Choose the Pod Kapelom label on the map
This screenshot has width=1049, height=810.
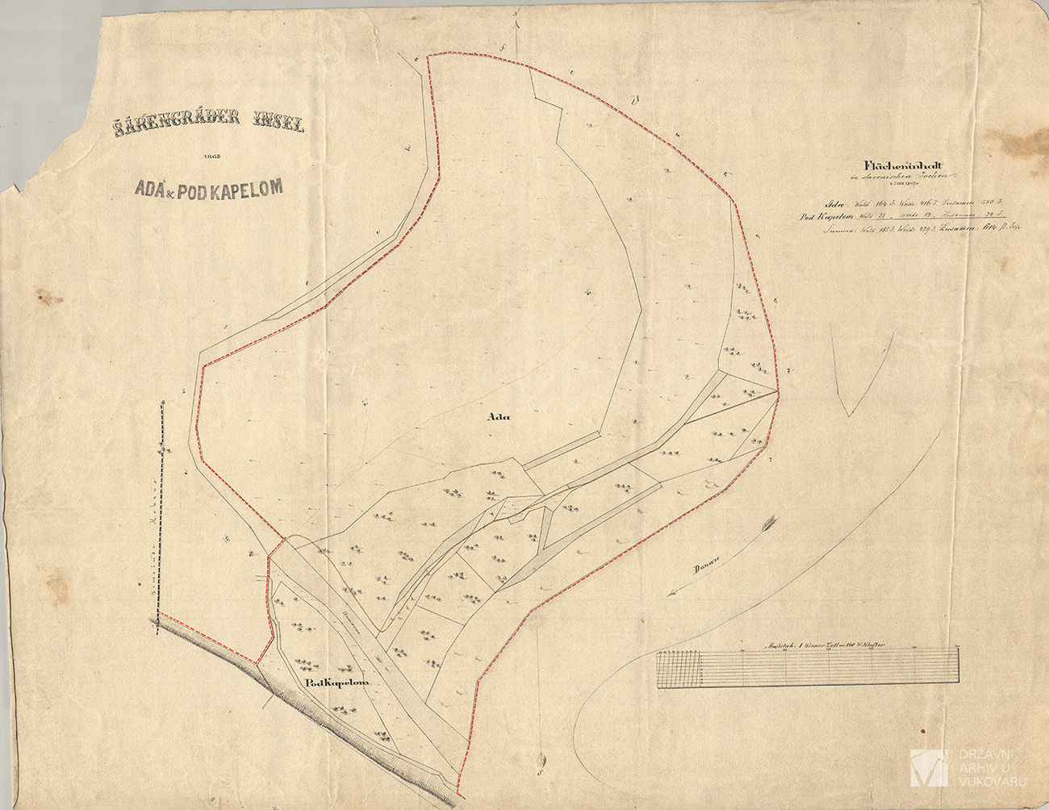[x=337, y=683]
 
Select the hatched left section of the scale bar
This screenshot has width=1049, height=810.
[x=681, y=670]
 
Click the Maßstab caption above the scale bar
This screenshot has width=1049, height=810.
[x=823, y=645]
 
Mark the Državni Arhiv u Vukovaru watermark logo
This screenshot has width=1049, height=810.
[x=928, y=768]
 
